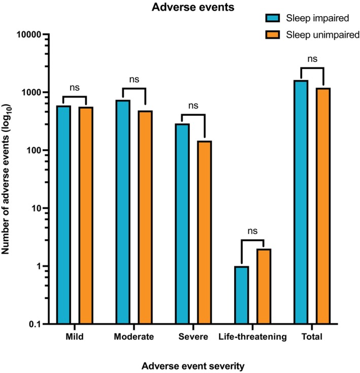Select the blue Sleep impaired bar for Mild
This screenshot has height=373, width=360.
[64, 213]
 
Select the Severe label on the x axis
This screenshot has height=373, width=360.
[193, 337]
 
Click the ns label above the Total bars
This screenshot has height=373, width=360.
[312, 58]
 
